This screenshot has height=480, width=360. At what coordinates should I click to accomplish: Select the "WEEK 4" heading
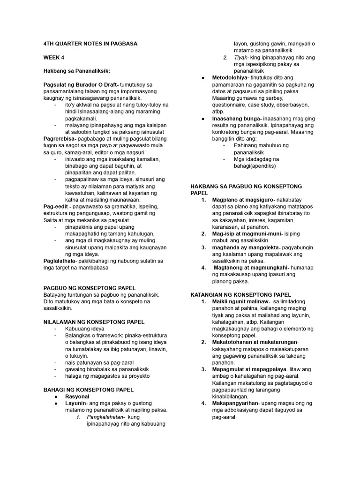point(54,57)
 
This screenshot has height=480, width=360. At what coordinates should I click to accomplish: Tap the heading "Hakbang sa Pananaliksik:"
point(76,71)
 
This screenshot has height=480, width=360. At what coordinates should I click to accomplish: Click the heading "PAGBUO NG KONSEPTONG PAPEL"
point(90,288)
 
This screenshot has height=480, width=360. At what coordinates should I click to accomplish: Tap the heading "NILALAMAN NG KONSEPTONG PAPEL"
point(94,322)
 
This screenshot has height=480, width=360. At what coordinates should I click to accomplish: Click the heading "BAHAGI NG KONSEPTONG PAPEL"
point(89,390)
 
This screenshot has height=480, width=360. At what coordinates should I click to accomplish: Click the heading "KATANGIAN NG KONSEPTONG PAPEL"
point(241,294)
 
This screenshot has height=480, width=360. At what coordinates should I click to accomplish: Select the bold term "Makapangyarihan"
point(234,403)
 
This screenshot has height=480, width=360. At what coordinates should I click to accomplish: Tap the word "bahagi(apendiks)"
point(255,165)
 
